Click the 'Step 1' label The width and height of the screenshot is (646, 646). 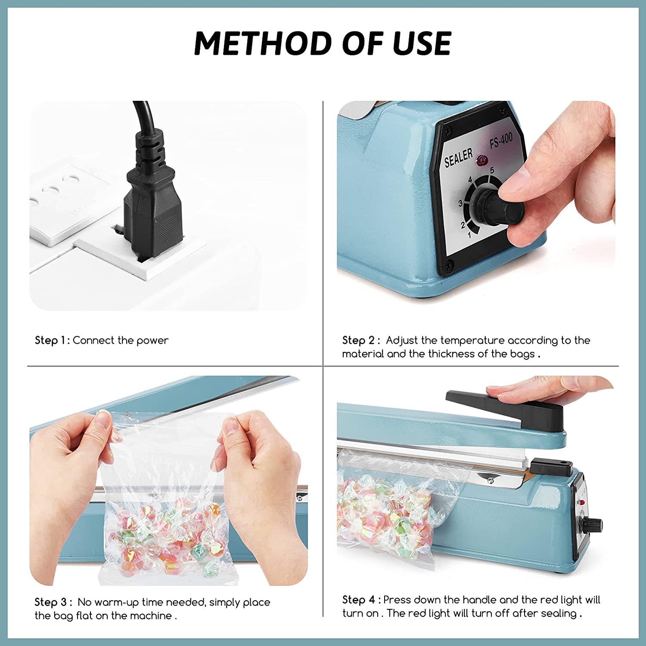coord(52,340)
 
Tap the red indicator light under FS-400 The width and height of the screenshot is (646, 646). coord(481,161)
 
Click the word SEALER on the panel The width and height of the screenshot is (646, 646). coord(459,157)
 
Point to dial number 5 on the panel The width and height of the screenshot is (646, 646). coord(492,170)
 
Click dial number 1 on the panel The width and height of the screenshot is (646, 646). coord(469,235)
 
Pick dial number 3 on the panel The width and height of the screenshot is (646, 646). coord(460,203)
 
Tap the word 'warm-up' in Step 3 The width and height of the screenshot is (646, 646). coord(116,602)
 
